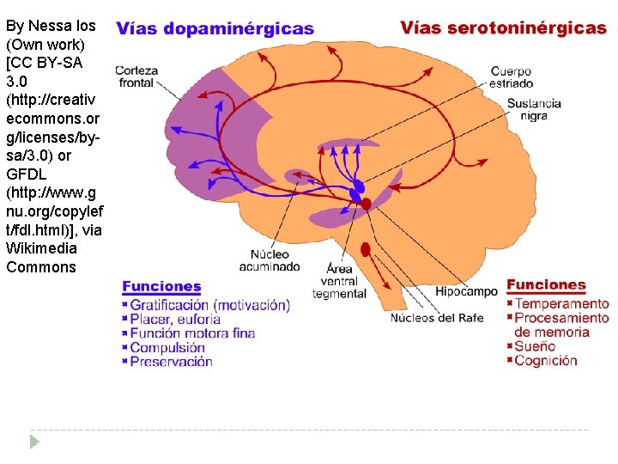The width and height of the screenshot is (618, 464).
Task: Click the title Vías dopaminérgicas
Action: [215, 28]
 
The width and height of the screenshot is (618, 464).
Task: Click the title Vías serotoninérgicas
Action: [503, 27]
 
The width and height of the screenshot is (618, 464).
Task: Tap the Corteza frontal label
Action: [135, 77]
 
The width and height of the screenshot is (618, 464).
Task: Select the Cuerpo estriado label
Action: [512, 77]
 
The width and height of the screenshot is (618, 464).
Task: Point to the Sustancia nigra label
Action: [533, 109]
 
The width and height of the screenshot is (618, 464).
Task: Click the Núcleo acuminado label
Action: [276, 259]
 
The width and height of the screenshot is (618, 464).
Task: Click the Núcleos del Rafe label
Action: [437, 317]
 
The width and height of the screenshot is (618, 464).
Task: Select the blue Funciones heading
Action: [161, 287]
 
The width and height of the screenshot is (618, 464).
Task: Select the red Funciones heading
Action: [546, 284]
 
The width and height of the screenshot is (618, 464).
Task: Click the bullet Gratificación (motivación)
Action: [209, 305]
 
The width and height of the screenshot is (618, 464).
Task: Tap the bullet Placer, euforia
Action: [175, 319]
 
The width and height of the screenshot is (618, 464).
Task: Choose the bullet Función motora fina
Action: [192, 333]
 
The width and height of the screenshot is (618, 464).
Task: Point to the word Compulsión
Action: [167, 348]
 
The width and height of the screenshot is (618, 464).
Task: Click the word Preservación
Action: [171, 362]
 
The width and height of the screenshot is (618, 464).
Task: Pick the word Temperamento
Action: [562, 303]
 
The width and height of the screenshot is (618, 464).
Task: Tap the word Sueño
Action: [536, 346]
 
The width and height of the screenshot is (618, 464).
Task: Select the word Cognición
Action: [546, 361]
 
